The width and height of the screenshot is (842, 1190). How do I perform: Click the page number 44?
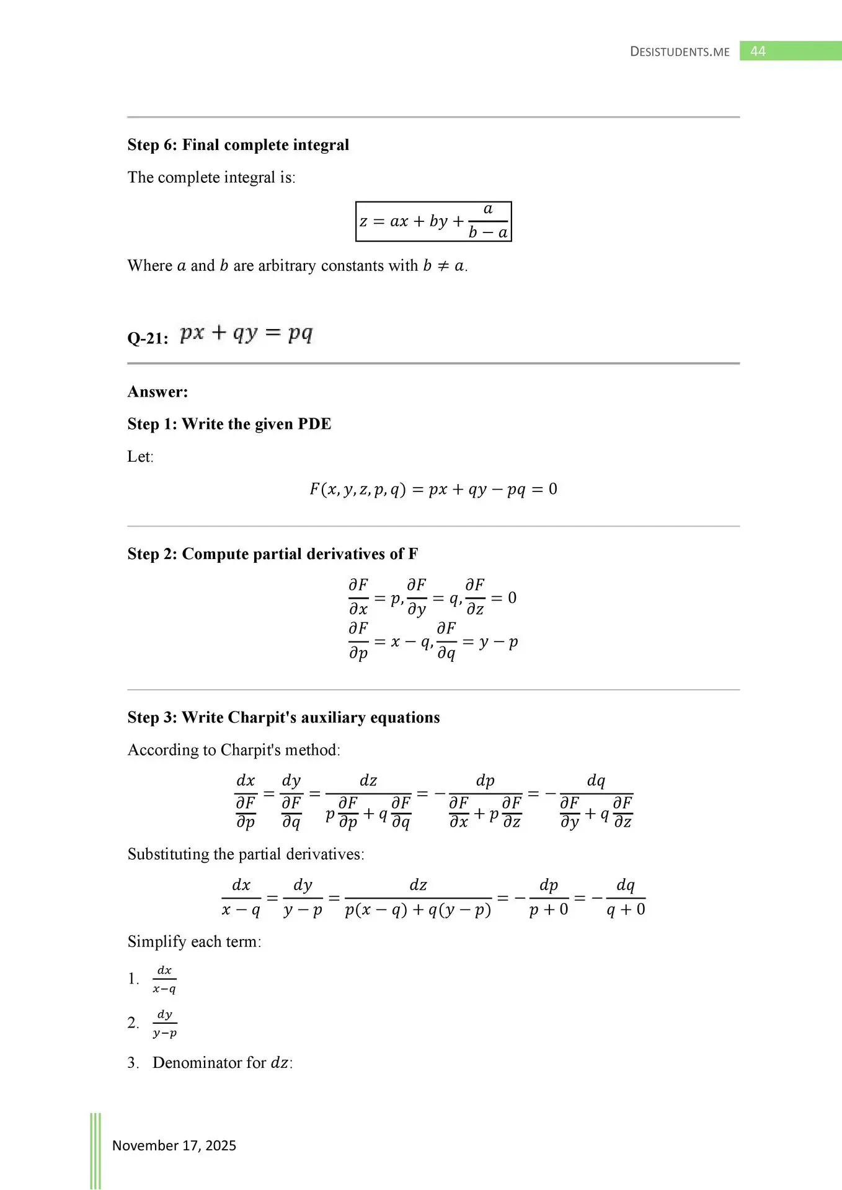pos(758,51)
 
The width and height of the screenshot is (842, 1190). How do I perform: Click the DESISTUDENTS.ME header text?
pos(680,51)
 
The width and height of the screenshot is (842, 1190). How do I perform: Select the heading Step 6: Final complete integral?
pos(238,145)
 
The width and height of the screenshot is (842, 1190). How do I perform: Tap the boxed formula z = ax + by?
pos(433,221)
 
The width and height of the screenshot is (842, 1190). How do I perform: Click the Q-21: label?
pos(148,338)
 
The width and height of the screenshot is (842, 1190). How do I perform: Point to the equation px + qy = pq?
pos(246,333)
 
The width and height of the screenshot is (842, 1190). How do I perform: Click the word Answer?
pos(157,392)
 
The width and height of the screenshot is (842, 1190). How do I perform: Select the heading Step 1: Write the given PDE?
pos(229,424)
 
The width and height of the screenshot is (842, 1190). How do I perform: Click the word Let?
pos(140,457)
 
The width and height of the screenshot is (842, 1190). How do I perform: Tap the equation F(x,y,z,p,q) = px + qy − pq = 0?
pos(433,490)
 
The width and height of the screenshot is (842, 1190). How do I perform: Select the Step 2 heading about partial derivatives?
pos(273,554)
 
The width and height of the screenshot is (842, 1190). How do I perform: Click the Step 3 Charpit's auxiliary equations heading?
pos(283,718)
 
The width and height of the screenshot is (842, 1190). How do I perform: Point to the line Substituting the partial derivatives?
pos(246,854)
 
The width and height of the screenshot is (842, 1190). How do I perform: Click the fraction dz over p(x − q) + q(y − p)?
pos(418,897)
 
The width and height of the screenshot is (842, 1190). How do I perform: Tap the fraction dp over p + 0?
pos(548,897)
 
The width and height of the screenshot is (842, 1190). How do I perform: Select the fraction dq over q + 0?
pos(625,897)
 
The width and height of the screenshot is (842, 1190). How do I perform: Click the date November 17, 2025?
pos(174,1145)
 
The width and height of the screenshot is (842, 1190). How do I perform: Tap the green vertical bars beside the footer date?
pos(95,1150)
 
